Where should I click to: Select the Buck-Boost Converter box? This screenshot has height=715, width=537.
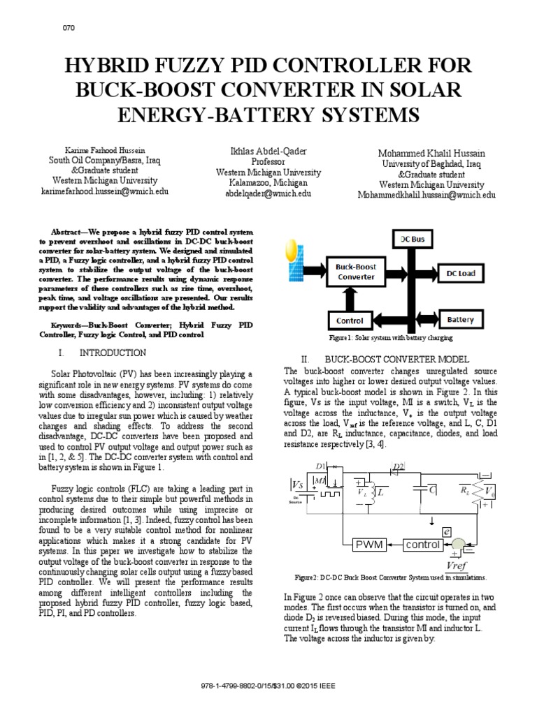tap(359, 272)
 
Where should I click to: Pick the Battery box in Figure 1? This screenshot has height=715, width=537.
tap(459, 320)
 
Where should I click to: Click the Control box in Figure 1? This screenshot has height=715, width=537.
tap(349, 320)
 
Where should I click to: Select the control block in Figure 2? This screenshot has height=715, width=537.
tap(422, 545)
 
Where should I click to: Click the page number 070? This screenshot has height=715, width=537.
tap(69, 27)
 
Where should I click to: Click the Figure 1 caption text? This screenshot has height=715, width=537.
tap(391, 337)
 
